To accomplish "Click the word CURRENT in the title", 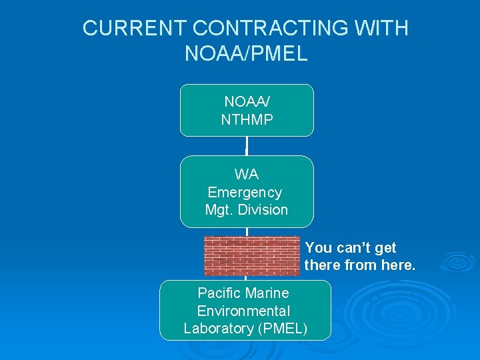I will click(134, 28).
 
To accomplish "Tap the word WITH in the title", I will click(385, 28).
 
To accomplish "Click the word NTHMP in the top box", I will click(246, 119).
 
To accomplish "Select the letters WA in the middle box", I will click(246, 174).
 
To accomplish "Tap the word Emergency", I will click(245, 193).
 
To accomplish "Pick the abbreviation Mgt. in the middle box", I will click(219, 210).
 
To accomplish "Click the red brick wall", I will click(252, 256).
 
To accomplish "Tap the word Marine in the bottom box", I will click(267, 293).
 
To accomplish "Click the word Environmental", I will click(243, 311).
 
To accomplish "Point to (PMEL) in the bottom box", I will click(281, 329).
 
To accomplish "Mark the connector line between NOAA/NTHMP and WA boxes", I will click(247, 146).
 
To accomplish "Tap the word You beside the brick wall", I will click(319, 248).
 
